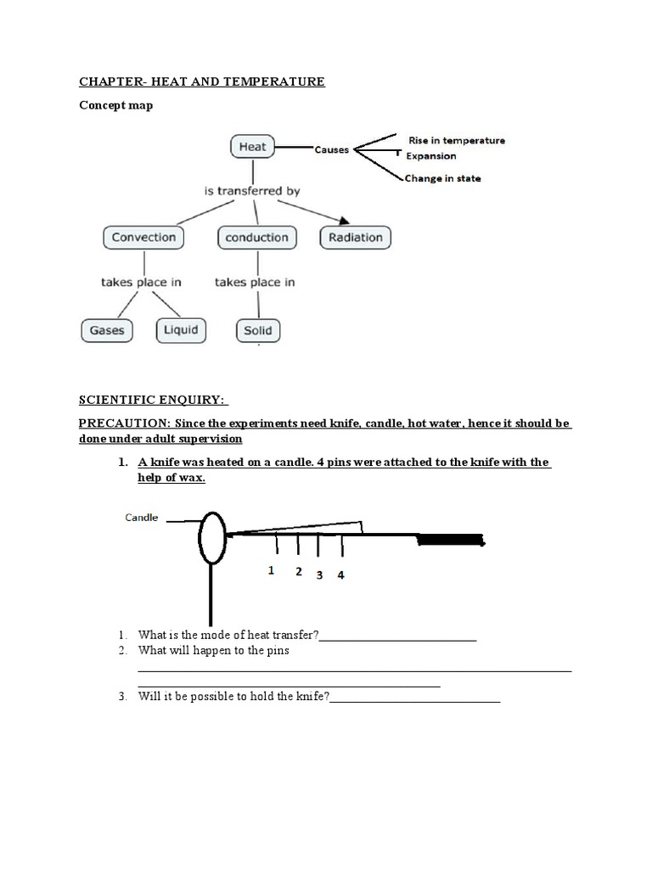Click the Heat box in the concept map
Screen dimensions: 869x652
point(252,147)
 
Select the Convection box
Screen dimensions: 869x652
point(143,238)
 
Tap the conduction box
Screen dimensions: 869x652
point(256,238)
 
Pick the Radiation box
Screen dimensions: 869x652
point(356,238)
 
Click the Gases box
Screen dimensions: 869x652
point(107,330)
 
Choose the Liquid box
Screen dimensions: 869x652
point(181,329)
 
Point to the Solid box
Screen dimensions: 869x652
point(257,330)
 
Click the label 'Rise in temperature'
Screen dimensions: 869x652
point(457,141)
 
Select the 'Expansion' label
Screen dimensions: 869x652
point(431,156)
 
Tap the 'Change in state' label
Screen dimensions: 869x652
point(442,178)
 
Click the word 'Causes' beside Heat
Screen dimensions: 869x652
point(331,150)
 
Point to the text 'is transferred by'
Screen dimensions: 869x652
point(252,192)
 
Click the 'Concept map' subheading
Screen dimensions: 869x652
point(116,106)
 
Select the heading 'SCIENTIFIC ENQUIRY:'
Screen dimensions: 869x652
point(154,400)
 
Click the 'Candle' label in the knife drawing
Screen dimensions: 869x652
point(142,517)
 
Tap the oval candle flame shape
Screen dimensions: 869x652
point(211,538)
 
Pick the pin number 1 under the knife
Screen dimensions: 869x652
point(271,571)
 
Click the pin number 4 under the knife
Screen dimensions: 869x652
point(340,575)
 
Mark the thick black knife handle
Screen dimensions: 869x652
point(450,539)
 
